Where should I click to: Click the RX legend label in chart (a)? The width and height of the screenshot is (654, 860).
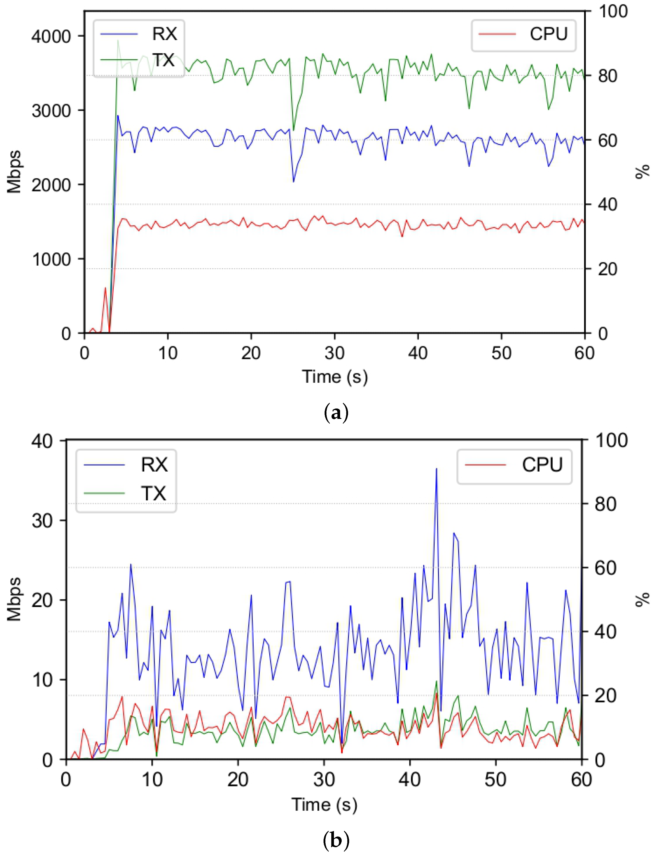point(164,34)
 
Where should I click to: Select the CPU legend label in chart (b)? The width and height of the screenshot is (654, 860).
point(542,465)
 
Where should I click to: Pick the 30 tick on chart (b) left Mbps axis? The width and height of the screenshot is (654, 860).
point(42,521)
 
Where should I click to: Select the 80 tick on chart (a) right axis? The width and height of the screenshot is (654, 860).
point(607,76)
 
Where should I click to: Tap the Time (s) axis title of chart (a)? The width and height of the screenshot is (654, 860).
point(335,377)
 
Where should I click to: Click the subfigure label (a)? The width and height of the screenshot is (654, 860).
point(336,412)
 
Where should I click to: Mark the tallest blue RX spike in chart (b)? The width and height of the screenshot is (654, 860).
point(436,469)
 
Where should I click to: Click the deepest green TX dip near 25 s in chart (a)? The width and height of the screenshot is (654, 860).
point(294,130)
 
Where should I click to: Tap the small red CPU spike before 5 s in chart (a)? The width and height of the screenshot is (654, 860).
point(105,288)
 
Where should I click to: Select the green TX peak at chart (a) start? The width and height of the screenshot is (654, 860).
point(118,41)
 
